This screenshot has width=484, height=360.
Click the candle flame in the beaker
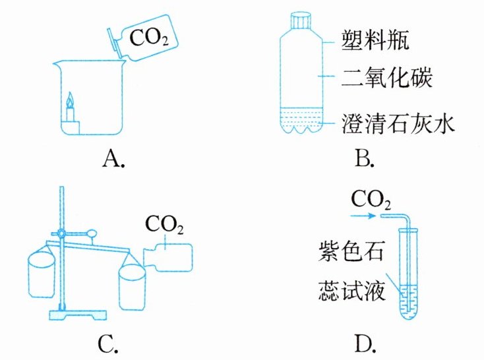(71, 101)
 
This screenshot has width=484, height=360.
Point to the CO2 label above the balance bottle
(165, 227)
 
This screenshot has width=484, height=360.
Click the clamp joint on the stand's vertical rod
(61, 233)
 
